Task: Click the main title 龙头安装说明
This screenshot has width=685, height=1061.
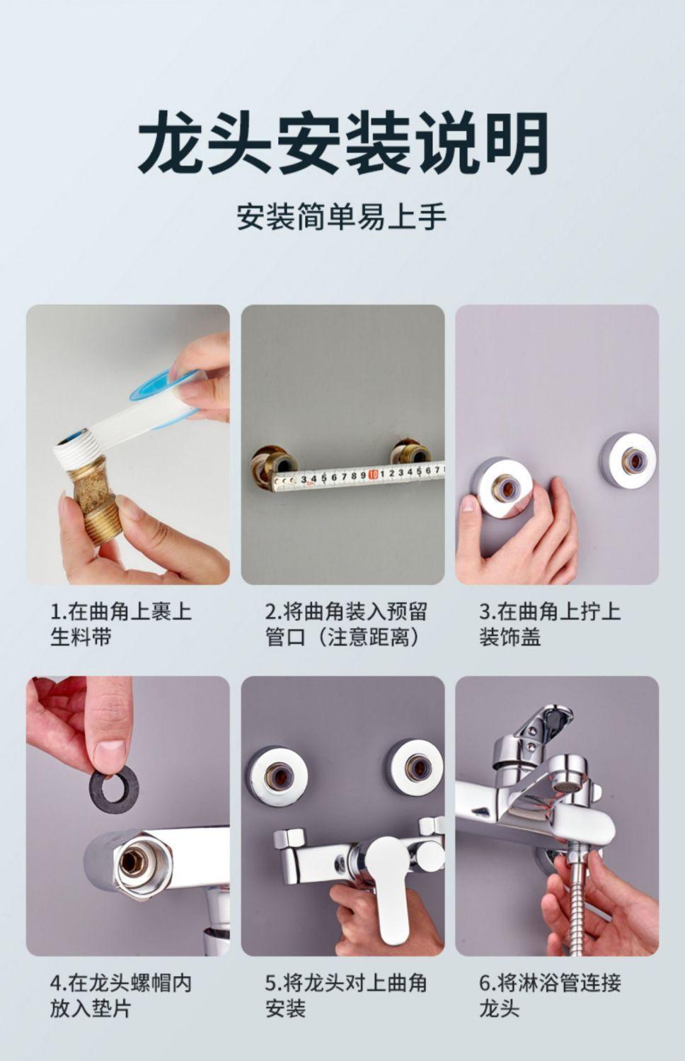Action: tap(343, 142)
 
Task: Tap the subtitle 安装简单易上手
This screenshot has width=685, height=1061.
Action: tap(342, 217)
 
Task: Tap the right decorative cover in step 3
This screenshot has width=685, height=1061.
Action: tap(628, 458)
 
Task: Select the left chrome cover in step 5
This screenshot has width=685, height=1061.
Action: tap(277, 777)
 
